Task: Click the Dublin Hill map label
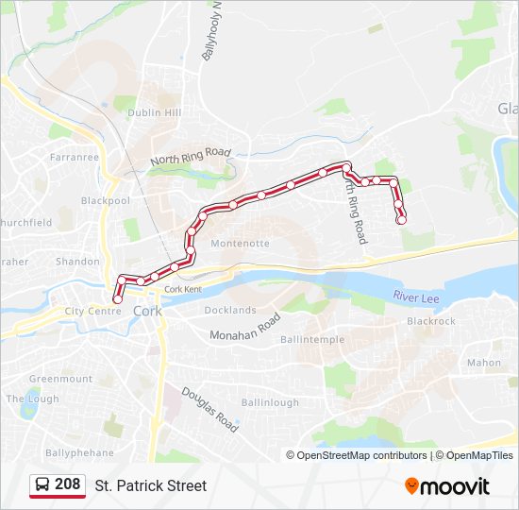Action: coord(154,112)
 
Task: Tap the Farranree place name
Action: coord(75,157)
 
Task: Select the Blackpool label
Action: coord(105,201)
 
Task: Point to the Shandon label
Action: coord(77,262)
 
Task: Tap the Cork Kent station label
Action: coord(183,289)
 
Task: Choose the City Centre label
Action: coord(92,311)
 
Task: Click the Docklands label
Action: coord(230,310)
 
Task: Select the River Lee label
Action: coord(416,298)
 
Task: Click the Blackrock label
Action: coord(431,321)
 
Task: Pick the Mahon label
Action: coord(484,363)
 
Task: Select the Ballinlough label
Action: coord(270,402)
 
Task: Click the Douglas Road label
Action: coord(209,410)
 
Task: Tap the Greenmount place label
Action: coord(60,379)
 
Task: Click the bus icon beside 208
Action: coord(42,485)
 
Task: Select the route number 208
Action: coord(68,484)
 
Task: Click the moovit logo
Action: coord(447,486)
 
